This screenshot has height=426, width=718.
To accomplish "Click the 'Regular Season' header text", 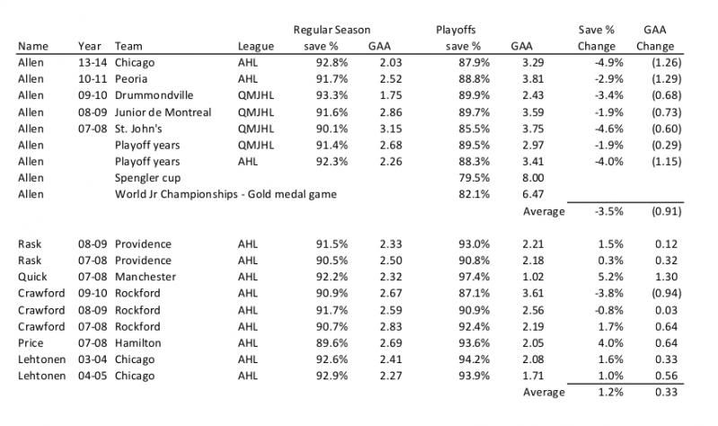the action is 331,30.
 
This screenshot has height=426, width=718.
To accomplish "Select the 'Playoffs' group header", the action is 456,30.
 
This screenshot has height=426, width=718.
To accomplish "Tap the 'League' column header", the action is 256,47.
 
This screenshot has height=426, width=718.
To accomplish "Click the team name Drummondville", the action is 153,95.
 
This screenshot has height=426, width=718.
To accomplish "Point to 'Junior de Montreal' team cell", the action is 162,112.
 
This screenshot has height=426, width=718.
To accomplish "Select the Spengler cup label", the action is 147,178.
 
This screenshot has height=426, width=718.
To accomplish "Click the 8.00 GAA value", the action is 533,178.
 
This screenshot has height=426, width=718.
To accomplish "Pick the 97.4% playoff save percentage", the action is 474,277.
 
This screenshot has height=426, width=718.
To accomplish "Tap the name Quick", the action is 32,277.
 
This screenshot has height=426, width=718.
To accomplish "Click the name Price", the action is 31,343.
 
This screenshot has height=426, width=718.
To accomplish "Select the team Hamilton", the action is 138,343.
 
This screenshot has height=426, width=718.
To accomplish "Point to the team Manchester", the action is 145,277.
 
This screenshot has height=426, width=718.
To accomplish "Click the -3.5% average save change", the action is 609,211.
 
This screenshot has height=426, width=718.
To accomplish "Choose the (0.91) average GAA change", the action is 666,211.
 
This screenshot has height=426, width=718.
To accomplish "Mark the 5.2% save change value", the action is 610,277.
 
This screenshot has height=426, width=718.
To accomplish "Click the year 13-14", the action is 92,62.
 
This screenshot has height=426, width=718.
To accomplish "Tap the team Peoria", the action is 131,79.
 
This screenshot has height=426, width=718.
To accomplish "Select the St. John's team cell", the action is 138,129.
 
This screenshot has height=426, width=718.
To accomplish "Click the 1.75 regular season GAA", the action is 390,95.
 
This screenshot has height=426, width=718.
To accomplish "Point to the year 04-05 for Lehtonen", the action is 92,376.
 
